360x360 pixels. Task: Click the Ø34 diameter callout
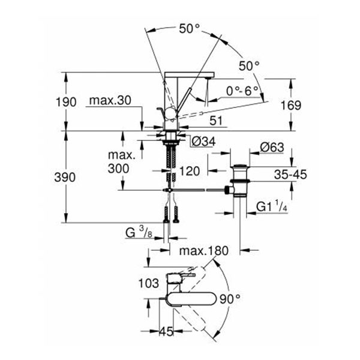pos(203,142)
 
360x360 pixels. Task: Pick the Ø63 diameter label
pos(274,147)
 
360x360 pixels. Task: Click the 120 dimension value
pos(189,170)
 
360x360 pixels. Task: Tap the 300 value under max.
pos(119,169)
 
